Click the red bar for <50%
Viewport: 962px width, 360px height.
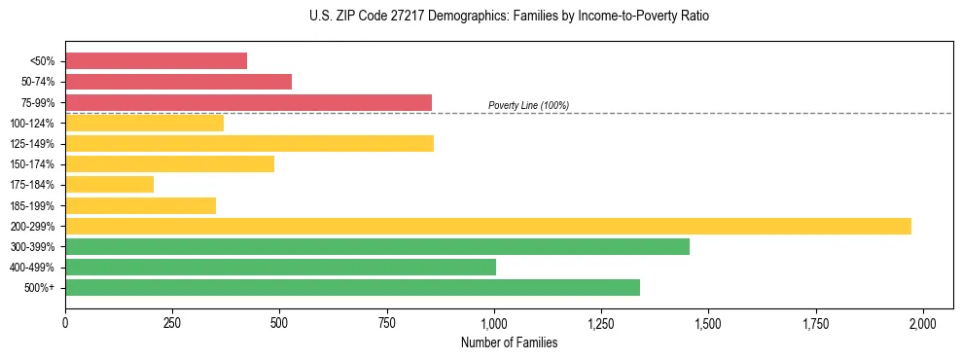[x=156, y=61]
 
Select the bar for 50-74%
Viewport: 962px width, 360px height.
[x=178, y=82]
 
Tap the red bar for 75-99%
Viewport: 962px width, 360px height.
[x=248, y=102]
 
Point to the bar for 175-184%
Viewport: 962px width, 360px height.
[x=109, y=185]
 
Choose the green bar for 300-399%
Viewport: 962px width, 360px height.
[x=377, y=246]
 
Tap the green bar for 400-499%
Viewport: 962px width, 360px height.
[x=280, y=267]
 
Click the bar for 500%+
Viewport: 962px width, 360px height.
[x=352, y=287]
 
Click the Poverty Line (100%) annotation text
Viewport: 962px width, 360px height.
[x=528, y=105]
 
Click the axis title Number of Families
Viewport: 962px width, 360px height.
[x=509, y=342]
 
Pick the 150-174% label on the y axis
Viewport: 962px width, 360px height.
[x=32, y=164]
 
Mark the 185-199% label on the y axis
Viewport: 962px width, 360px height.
[x=32, y=205]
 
